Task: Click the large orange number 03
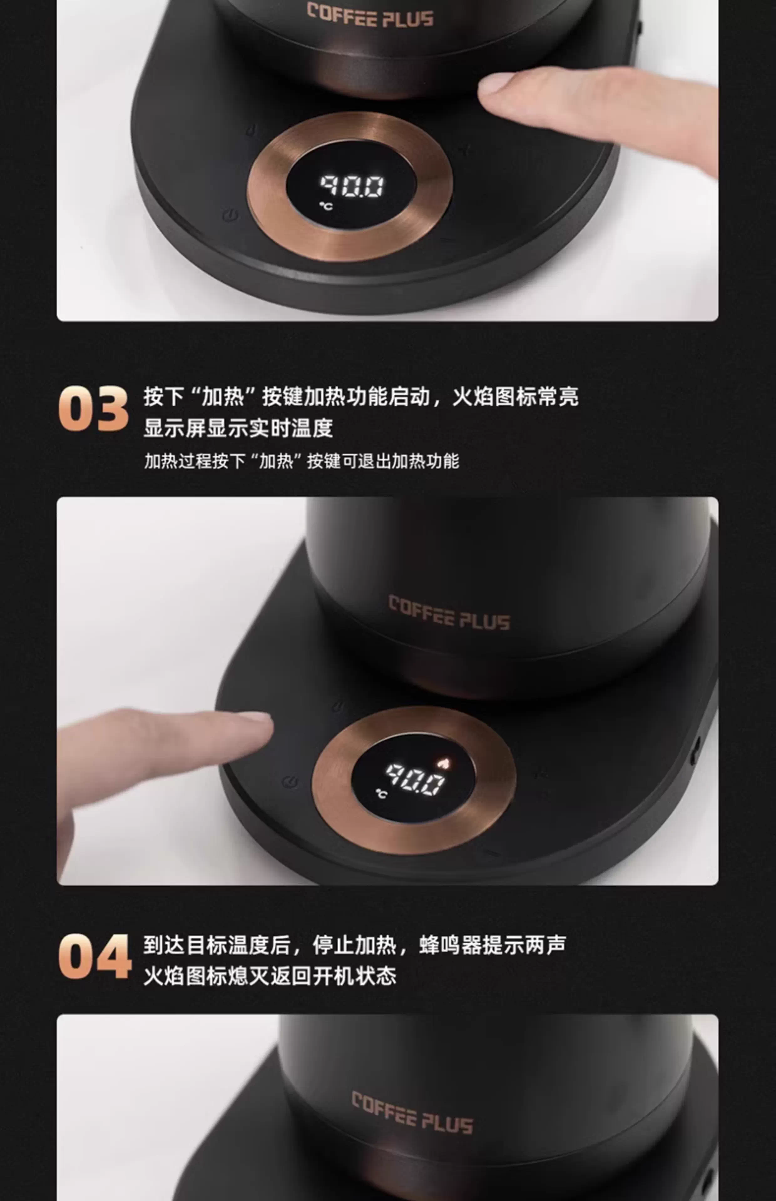94,408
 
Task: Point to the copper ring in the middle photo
414,720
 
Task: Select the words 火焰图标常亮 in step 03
515,397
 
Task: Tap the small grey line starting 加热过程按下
301,461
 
